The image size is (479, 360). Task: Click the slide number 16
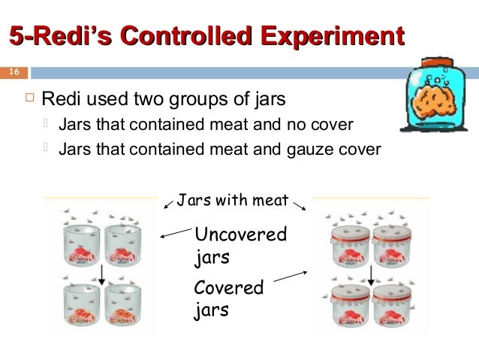click(14, 72)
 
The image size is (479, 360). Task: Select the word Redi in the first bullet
click(60, 99)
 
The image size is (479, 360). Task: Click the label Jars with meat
click(233, 200)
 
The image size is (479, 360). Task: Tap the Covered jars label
click(229, 298)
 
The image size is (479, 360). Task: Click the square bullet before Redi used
click(30, 99)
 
